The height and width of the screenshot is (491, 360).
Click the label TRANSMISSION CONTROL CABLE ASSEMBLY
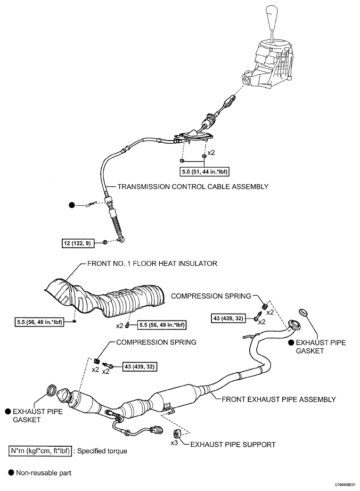coord(192,187)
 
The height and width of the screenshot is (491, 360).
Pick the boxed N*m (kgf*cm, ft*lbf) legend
coord(40,451)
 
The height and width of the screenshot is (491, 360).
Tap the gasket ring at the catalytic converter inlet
coord(53,390)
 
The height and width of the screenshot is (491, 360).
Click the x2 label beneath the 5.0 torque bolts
coord(211,153)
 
